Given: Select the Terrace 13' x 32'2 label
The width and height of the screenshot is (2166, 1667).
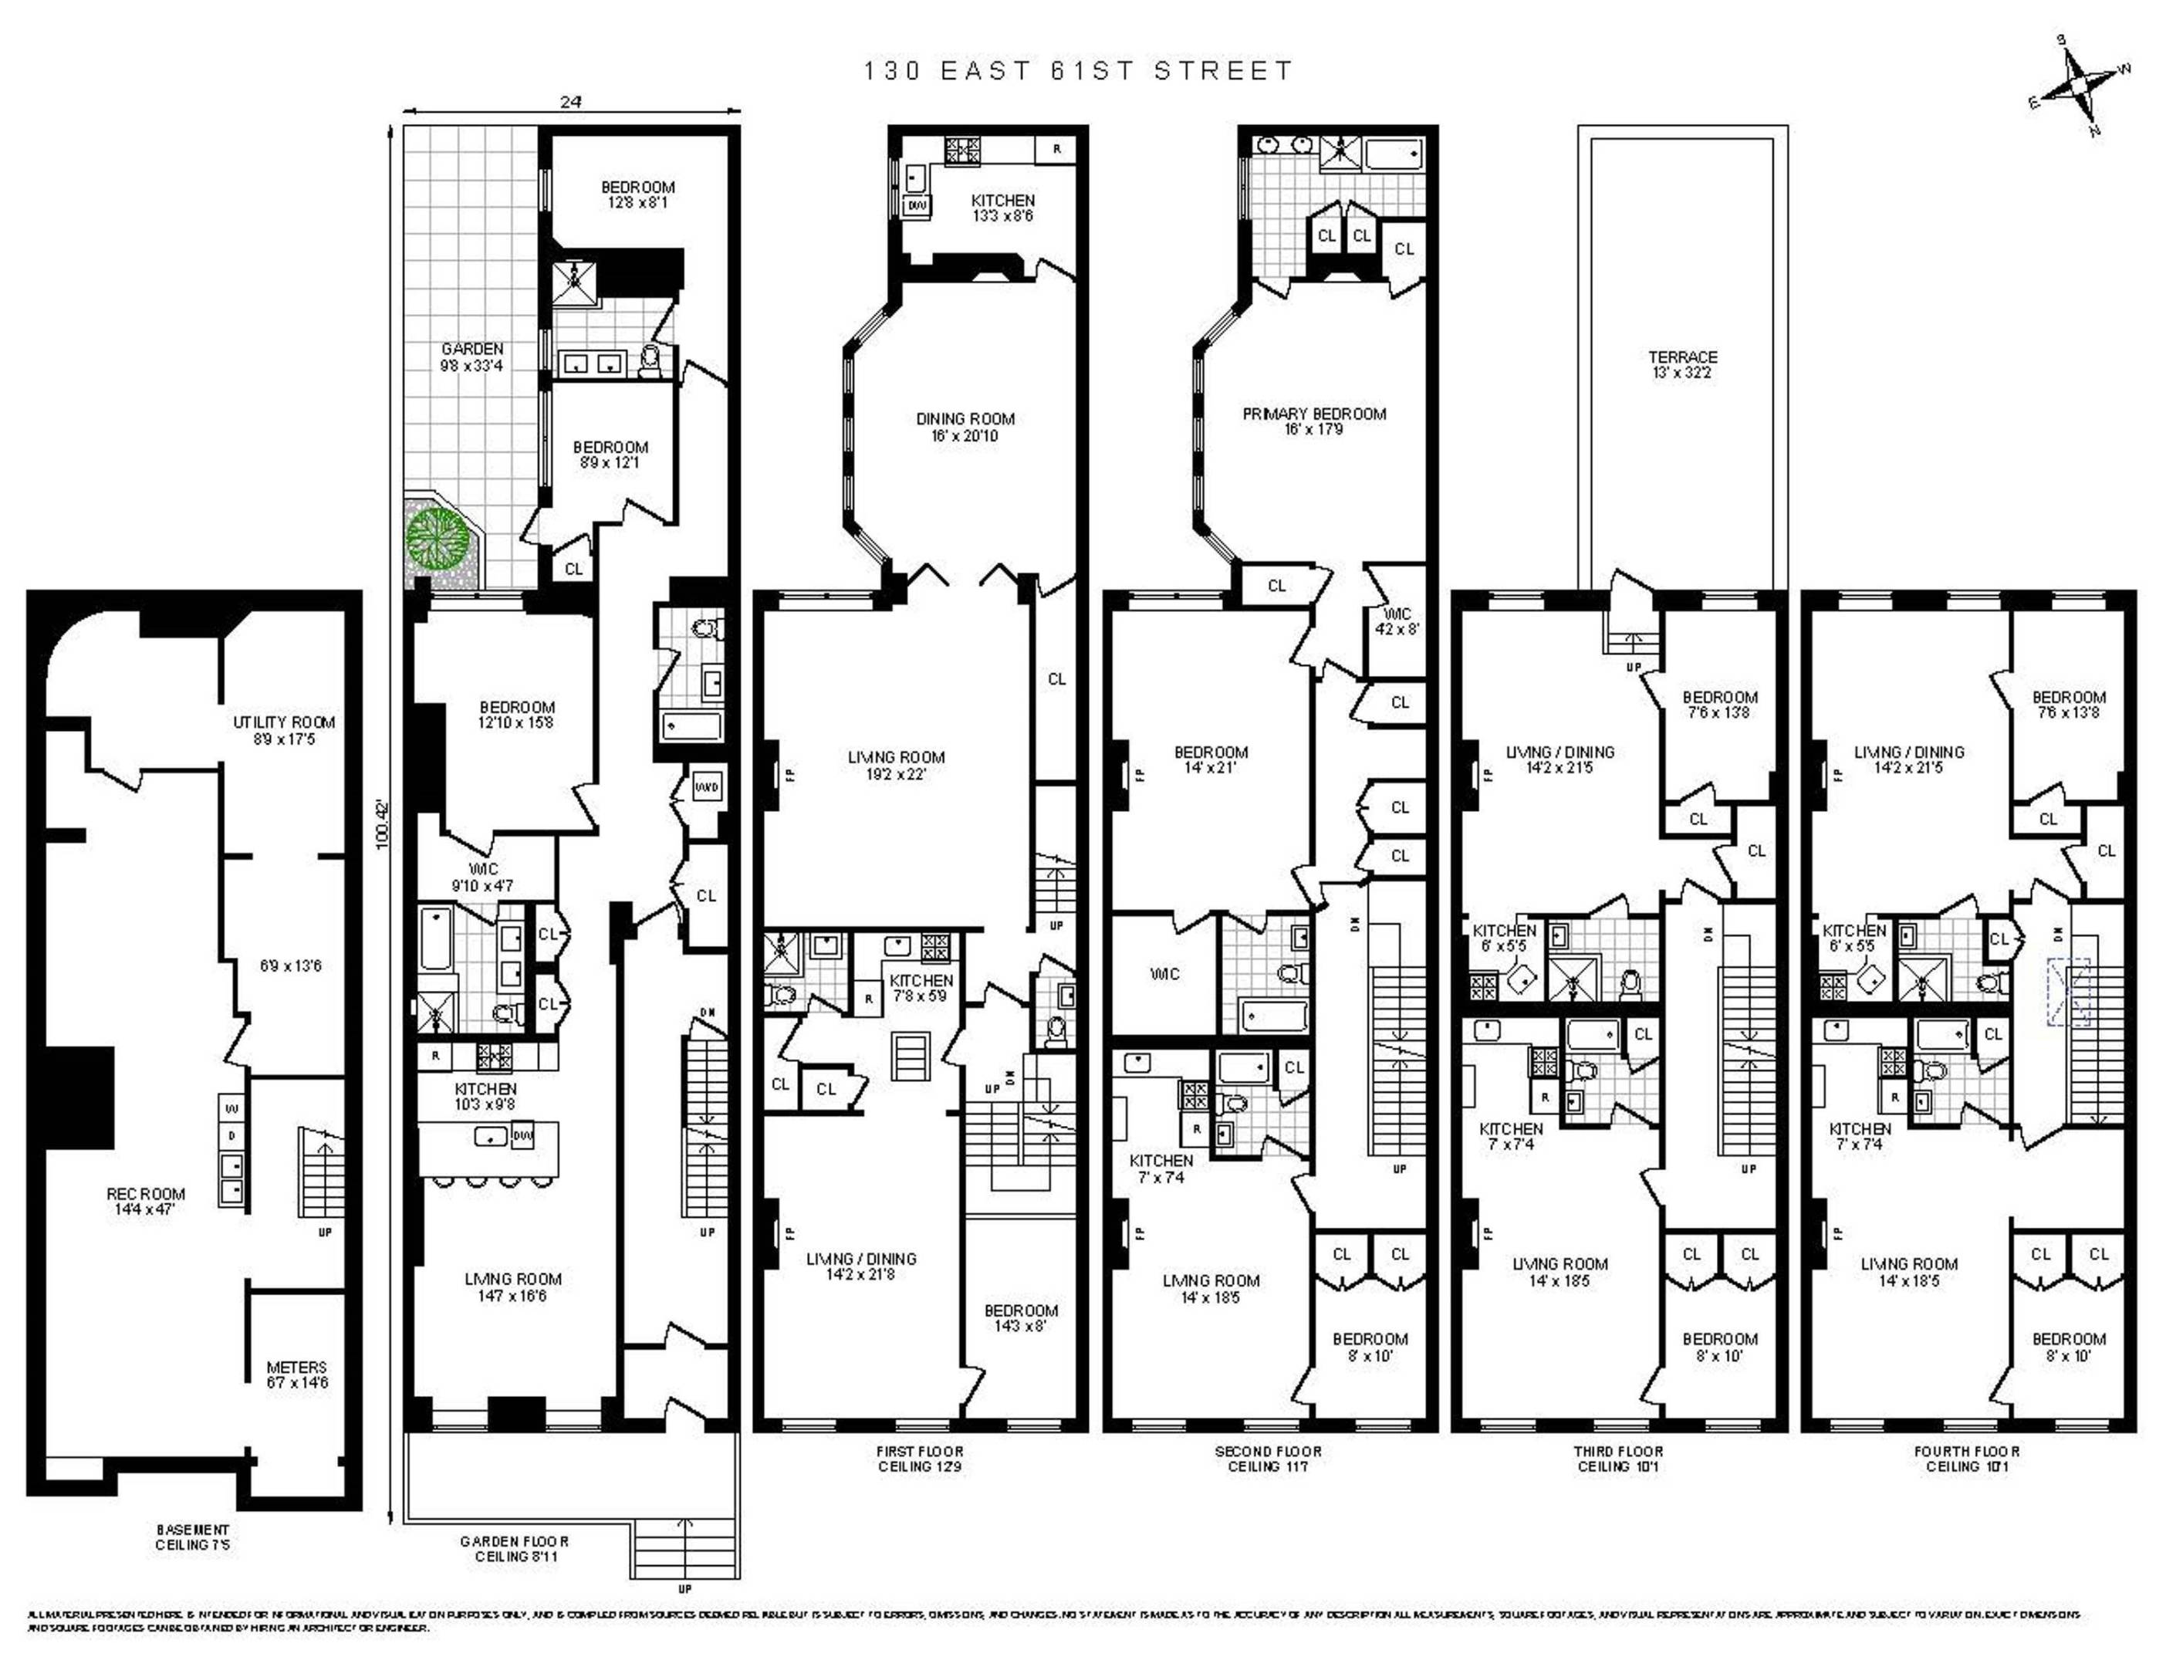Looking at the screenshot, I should (1682, 364).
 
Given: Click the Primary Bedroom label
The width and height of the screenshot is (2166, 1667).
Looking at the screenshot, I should (1314, 421).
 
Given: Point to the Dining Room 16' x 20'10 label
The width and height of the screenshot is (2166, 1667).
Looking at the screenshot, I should (965, 427).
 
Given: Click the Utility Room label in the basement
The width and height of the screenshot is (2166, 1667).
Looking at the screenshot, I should (284, 730).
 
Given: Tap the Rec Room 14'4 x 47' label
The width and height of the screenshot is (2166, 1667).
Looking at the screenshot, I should (146, 1201).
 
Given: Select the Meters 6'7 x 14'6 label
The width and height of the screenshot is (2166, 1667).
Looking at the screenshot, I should (296, 1374).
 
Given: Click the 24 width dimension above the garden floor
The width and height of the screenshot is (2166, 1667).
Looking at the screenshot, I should (570, 101).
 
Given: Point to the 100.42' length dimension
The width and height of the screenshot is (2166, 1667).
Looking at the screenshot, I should (384, 824).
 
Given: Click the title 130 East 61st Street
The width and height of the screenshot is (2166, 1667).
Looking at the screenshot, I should (1078, 70).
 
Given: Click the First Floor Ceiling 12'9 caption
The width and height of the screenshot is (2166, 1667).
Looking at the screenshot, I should (919, 1458).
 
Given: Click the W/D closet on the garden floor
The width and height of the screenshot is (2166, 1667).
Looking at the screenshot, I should (706, 786).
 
